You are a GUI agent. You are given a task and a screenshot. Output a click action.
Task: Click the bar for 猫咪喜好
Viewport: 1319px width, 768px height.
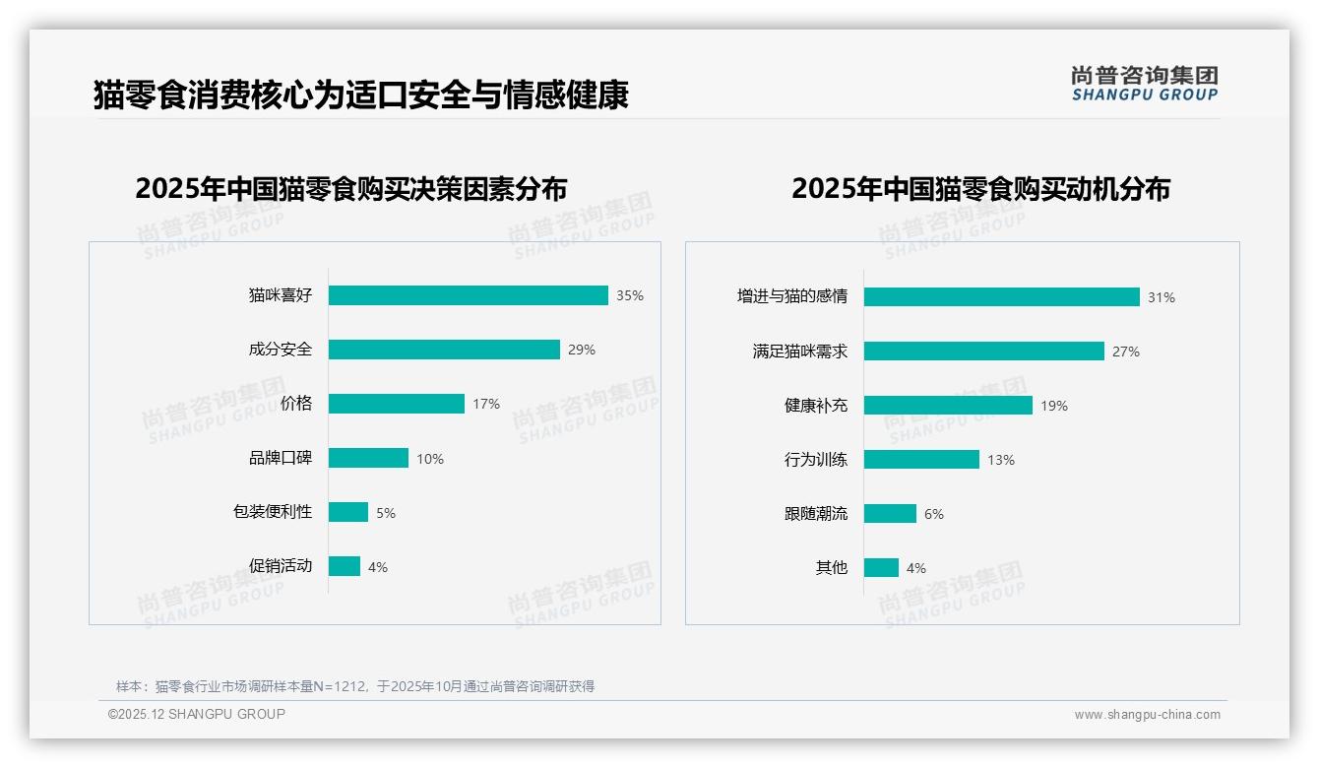(468, 295)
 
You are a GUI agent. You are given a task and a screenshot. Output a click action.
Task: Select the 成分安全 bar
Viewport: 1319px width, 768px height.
(444, 350)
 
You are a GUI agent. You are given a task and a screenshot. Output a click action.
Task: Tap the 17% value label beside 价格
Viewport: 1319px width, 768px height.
(486, 404)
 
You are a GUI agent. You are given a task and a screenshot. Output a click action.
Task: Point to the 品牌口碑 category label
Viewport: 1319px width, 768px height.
(280, 458)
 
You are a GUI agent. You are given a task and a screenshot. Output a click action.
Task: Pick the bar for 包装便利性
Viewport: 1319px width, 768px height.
(348, 512)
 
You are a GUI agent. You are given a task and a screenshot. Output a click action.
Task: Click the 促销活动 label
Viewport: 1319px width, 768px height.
(280, 566)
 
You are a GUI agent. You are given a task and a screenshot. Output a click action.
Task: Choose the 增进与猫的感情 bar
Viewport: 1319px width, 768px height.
(1001, 296)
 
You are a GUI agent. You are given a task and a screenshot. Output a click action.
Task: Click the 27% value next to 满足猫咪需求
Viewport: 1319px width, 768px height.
(1126, 352)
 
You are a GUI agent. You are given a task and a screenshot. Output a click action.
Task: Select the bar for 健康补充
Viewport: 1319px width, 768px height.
(948, 405)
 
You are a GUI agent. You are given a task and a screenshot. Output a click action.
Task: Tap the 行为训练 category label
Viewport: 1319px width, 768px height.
(815, 460)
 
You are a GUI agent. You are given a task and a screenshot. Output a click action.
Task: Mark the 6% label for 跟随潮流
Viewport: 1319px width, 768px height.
(933, 514)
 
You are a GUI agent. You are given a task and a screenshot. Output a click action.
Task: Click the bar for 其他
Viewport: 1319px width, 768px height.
(881, 567)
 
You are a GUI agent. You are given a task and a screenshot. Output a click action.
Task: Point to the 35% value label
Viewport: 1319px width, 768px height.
(630, 295)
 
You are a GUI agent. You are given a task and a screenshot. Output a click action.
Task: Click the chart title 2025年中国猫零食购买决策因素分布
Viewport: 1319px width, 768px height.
(351, 189)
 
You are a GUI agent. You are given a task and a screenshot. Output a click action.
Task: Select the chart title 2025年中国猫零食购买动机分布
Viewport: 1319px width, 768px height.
(980, 189)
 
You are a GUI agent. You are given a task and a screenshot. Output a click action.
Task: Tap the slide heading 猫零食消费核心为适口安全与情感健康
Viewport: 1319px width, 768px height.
(360, 96)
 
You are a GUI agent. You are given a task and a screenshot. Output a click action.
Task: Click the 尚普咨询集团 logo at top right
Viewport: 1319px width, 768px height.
(1144, 84)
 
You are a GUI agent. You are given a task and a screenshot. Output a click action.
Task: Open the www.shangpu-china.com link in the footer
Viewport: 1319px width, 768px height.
(1147, 715)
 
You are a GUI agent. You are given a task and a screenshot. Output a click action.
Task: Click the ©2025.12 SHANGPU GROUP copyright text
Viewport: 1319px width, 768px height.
(197, 715)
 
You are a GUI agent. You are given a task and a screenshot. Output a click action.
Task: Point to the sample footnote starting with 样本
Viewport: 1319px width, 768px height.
(355, 686)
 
